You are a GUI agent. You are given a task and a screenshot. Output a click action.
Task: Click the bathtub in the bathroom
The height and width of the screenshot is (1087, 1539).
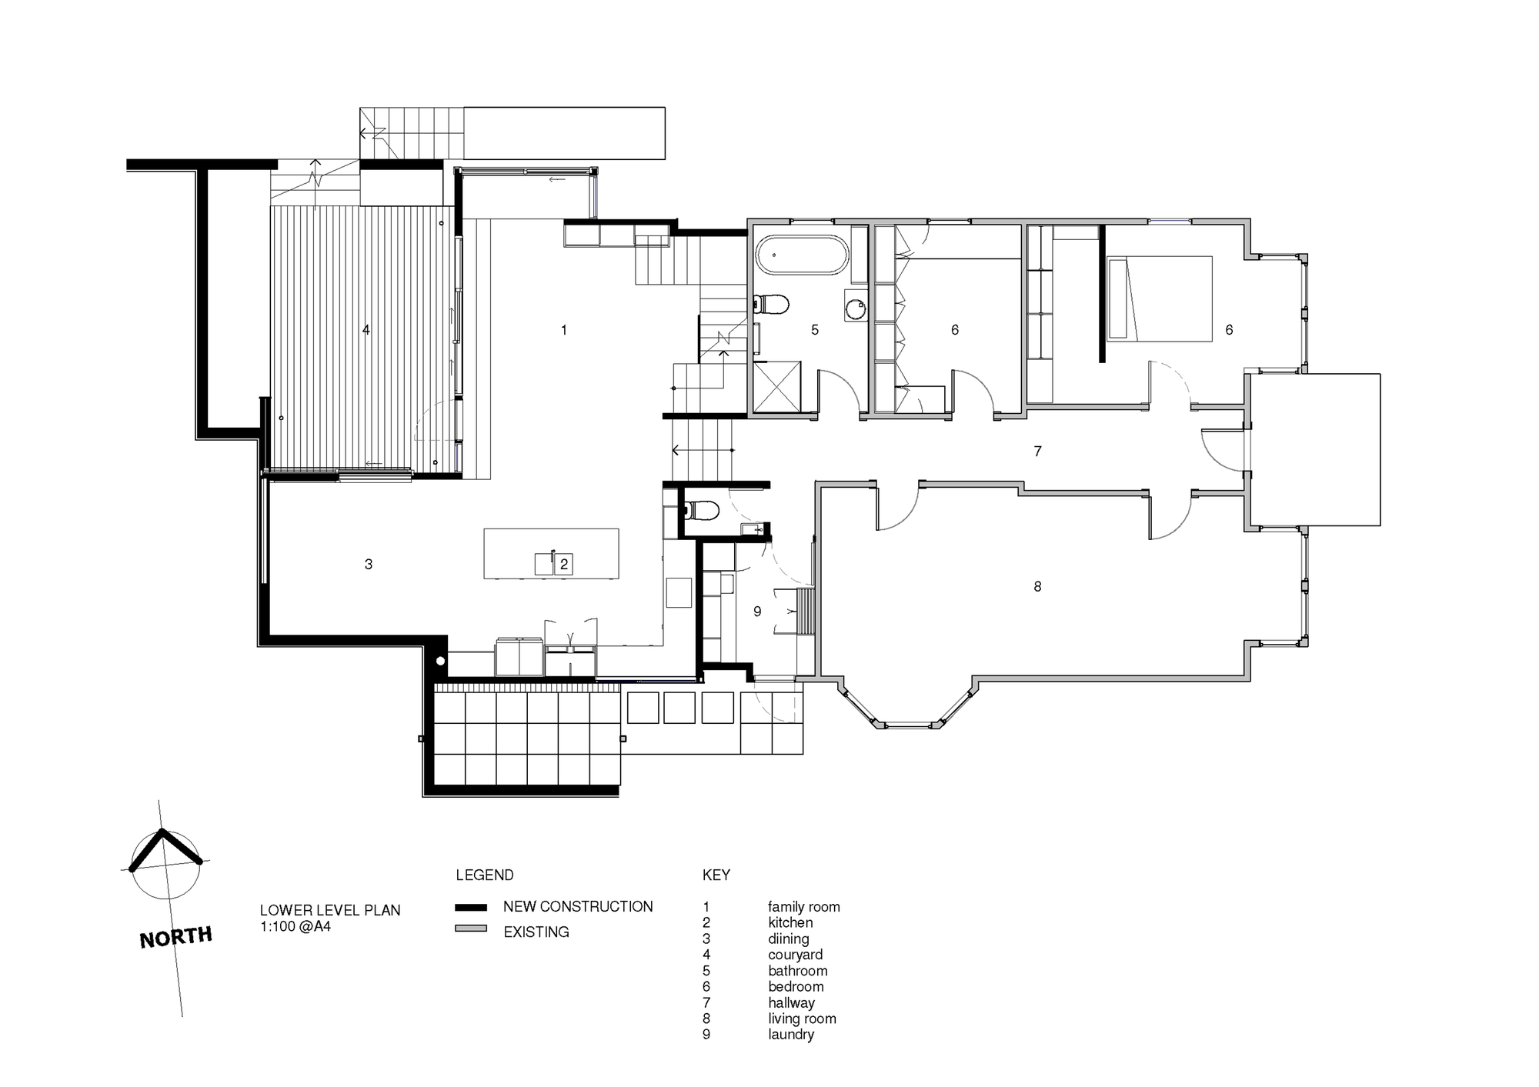pos(803,255)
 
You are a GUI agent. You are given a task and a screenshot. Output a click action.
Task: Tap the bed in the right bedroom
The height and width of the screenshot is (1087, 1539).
pos(1159,298)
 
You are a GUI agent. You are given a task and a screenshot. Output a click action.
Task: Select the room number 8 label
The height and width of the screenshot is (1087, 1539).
pos(1037,587)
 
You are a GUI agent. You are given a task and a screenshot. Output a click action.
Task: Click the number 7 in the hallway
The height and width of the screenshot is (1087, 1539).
pos(1037,452)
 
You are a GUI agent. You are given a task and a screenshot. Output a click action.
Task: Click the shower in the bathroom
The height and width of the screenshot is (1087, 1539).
pos(776,387)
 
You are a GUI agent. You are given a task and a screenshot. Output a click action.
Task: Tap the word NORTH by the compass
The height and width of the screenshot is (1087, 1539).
pos(175,937)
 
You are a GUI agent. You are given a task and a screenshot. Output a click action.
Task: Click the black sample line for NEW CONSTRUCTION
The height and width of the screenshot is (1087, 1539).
pos(471,907)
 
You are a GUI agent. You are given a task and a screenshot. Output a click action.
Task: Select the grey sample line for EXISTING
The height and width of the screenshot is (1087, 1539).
pos(471,929)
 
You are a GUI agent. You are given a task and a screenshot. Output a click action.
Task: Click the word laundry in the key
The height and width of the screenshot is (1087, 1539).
pos(791,1035)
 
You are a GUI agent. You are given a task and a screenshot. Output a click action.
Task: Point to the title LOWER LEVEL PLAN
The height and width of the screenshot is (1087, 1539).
pos(330,910)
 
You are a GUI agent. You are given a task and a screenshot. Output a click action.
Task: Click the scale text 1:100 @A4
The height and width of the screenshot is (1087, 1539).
pos(295,926)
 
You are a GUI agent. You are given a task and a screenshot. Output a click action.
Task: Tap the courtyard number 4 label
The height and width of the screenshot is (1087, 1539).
pos(366,330)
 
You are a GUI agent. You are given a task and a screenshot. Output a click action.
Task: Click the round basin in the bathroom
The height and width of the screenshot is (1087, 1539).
pos(855,309)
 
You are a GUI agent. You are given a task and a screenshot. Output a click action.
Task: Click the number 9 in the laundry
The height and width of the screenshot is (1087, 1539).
pos(757,612)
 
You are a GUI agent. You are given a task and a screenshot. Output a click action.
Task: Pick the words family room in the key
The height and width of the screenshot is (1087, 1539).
pos(804,907)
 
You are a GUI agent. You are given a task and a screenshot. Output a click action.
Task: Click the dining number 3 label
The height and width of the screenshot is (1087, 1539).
pos(369,565)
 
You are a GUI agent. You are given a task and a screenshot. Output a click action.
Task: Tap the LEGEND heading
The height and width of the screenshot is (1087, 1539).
pos(485,875)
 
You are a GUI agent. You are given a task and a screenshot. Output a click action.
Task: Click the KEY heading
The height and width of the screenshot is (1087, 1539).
pos(716,875)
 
